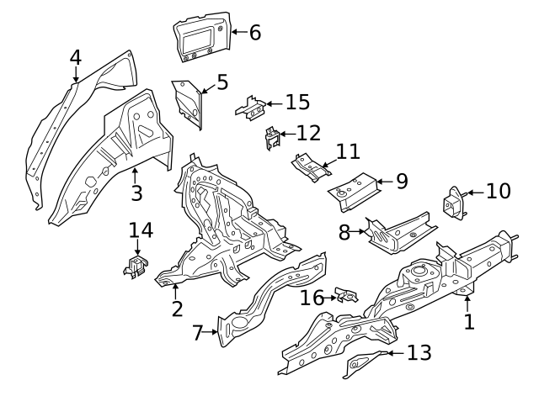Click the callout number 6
(254, 33)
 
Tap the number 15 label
(297, 103)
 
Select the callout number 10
(498, 192)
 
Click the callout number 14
(141, 230)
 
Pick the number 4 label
(76, 58)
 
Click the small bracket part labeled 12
(273, 136)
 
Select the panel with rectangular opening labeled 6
(202, 37)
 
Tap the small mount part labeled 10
(456, 203)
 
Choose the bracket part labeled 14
(136, 265)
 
